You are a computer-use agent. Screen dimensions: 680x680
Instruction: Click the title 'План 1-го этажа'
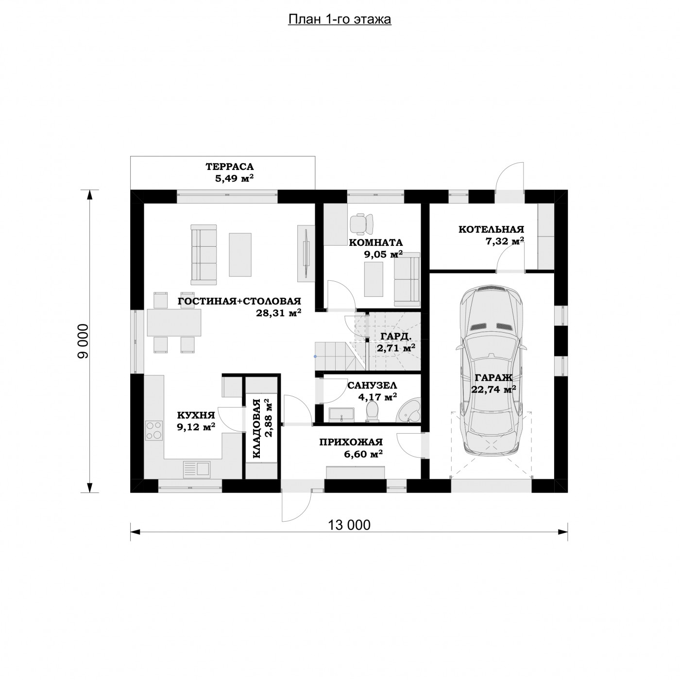click(x=340, y=19)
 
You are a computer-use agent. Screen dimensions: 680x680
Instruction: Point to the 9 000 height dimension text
click(x=83, y=341)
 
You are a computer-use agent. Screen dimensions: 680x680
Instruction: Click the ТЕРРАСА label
click(x=230, y=166)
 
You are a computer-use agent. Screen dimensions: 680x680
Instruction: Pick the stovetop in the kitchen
click(x=154, y=430)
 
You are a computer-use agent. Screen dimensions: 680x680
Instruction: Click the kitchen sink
click(x=197, y=469)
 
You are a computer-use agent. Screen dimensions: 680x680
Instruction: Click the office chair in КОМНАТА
click(x=362, y=223)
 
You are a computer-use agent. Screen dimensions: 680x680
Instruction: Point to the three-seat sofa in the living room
click(x=204, y=255)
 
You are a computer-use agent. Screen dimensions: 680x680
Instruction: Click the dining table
click(x=174, y=323)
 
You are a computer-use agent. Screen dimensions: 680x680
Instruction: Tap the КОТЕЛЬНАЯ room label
click(x=491, y=229)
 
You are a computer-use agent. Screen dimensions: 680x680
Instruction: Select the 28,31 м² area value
click(x=278, y=313)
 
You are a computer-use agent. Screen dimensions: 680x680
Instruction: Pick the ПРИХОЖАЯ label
click(x=351, y=442)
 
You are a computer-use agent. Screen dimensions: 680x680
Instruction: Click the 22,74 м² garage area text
click(x=493, y=390)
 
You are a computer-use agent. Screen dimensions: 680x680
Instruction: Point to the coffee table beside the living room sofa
click(x=240, y=255)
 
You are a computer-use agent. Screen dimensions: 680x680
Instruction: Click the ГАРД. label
click(x=395, y=336)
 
